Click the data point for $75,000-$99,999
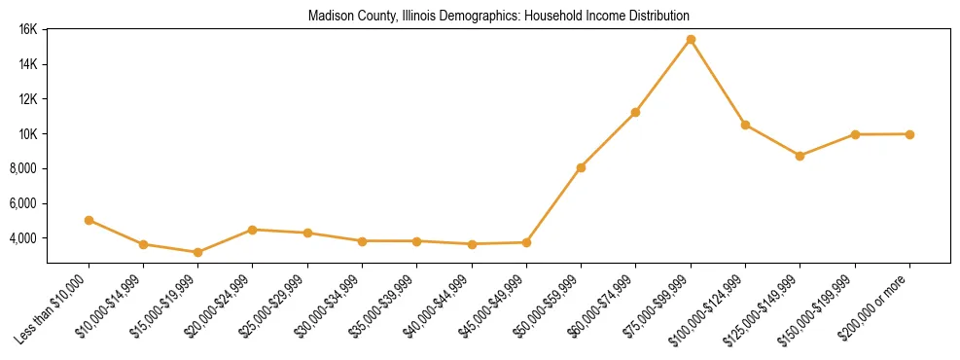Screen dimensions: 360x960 click(691, 39)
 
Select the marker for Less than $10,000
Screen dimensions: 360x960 click(89, 220)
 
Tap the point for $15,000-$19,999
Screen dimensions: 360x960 click(197, 252)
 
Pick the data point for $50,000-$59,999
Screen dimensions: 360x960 click(581, 167)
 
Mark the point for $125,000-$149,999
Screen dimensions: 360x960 click(800, 156)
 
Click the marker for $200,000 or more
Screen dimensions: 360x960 click(909, 134)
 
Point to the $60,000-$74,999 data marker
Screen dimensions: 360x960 click(635, 112)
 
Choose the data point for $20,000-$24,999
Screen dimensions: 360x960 click(253, 230)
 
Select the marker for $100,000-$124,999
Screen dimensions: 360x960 click(745, 125)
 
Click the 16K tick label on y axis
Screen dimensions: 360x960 click(27, 29)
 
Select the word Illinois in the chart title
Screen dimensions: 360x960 click(419, 17)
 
